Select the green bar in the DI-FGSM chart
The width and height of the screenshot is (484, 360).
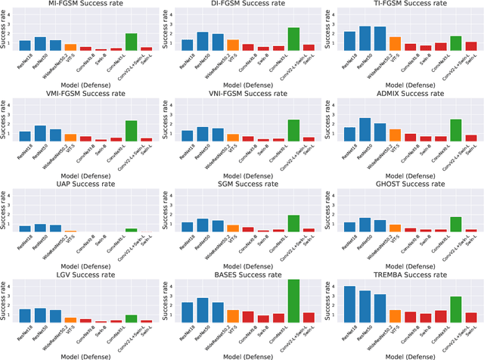click(x=293, y=39)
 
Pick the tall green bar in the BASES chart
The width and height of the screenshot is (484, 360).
click(x=293, y=301)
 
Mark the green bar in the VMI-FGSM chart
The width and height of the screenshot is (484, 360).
click(x=131, y=131)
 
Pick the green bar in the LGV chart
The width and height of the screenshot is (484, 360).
click(x=131, y=318)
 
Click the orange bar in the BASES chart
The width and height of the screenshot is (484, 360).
click(x=232, y=316)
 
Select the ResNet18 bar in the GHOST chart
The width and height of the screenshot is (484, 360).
click(x=349, y=226)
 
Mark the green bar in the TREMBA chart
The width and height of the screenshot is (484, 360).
click(x=456, y=309)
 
